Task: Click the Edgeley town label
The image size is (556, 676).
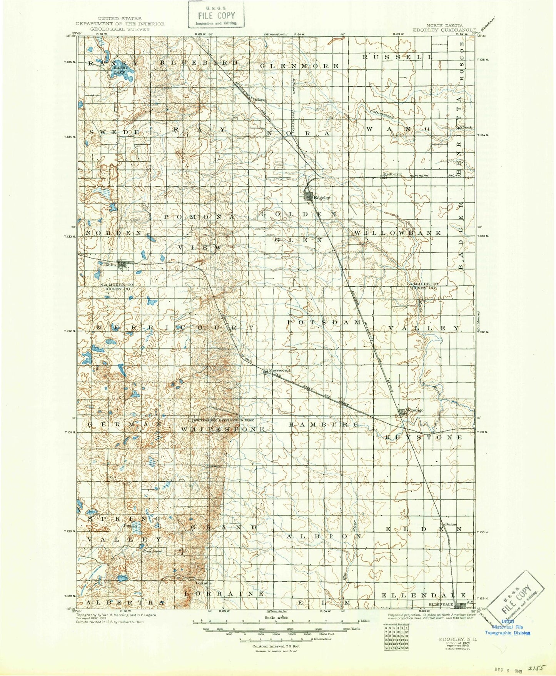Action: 322,198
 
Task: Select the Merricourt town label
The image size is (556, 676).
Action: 279,371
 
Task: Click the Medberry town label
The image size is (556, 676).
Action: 392,174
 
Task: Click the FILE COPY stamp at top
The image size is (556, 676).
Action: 216,15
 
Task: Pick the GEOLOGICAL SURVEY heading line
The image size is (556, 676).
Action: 114,29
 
